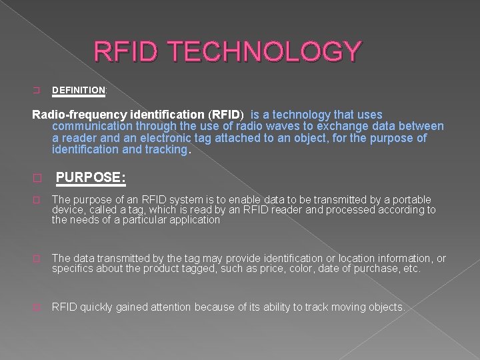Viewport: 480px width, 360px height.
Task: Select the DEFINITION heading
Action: [78, 89]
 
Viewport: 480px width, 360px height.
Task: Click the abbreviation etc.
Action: [411, 269]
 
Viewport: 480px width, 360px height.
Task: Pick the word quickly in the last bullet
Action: [97, 307]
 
